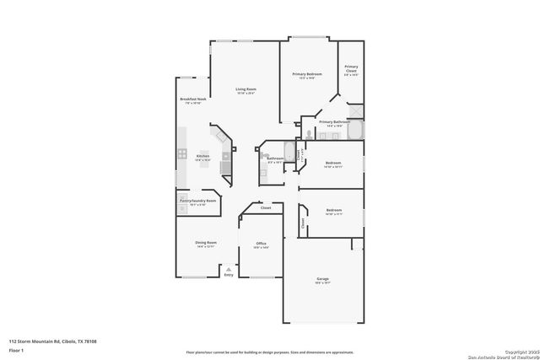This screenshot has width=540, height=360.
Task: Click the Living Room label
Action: [246, 89]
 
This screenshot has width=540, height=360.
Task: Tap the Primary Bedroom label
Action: [307, 75]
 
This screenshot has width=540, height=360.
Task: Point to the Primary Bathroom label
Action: [334, 122]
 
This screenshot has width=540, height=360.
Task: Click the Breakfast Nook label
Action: [192, 100]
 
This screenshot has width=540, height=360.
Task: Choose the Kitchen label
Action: [202, 157]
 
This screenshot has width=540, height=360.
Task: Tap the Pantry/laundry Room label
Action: [197, 201]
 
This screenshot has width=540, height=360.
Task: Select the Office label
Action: [262, 243]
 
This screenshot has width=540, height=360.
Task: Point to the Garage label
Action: [323, 279]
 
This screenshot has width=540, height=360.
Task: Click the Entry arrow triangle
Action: [228, 269]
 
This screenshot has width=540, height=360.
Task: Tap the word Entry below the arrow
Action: [228, 276]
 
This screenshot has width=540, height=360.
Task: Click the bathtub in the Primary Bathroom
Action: [355, 131]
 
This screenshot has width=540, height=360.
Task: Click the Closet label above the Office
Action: [265, 207]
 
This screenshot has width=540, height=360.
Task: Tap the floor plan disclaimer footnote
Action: [271, 352]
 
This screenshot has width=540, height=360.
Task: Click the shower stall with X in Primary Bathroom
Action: [356, 110]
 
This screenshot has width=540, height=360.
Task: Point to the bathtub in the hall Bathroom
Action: [289, 153]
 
